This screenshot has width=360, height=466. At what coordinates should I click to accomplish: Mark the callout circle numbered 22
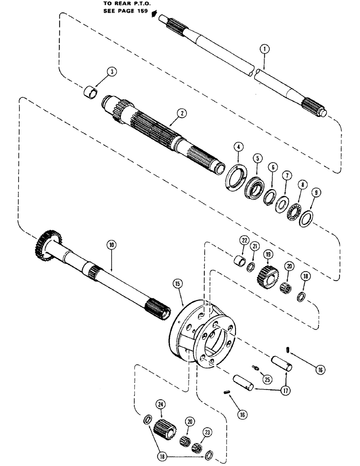coord(243,240)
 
